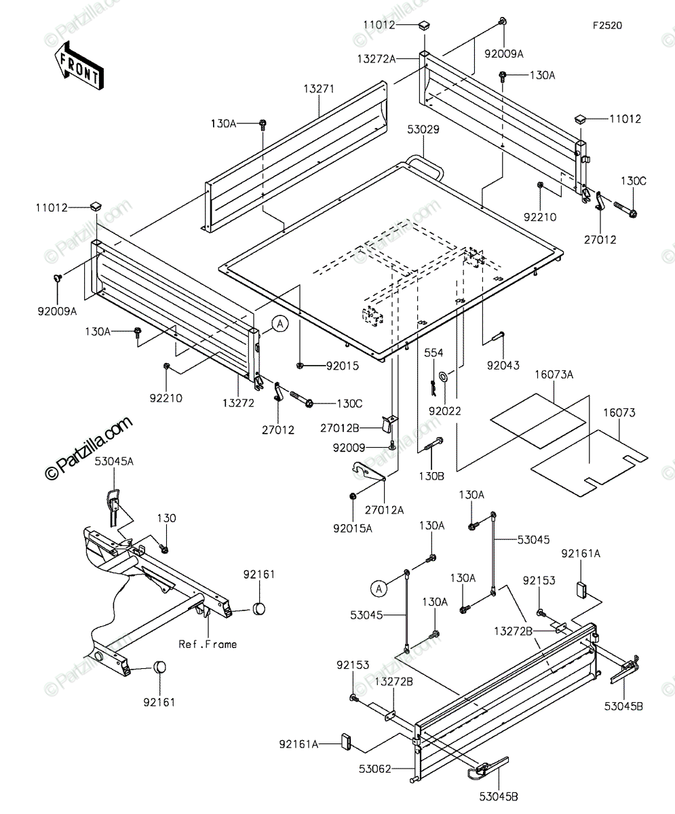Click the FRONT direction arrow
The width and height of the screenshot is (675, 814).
point(79,66)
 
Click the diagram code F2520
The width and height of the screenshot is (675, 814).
point(607,26)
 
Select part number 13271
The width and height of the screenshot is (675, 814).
point(319,90)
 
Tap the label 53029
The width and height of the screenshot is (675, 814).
point(423,130)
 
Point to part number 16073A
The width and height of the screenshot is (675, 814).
point(554,375)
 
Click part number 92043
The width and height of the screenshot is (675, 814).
point(503,366)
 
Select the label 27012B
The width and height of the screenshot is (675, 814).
point(340,429)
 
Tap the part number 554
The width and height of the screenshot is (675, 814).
point(433,353)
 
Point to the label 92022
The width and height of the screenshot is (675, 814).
point(445,411)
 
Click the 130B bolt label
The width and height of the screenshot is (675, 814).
point(431,476)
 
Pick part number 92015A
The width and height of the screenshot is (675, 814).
point(353,528)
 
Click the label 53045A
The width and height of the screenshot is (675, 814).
point(114,461)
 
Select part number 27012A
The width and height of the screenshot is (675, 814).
point(385,510)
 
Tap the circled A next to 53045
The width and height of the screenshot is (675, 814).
point(379,589)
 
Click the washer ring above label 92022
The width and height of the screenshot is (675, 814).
point(444,376)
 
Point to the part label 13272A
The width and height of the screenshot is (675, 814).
point(377,59)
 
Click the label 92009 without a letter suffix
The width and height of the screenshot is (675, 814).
point(349,448)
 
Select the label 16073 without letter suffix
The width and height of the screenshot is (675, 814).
point(619,413)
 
